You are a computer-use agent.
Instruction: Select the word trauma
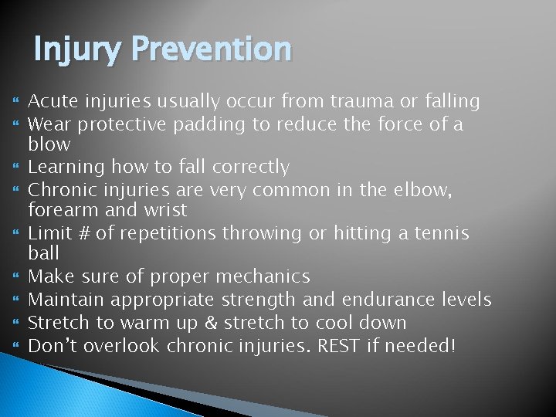click(361, 101)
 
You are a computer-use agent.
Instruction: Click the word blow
click(49, 144)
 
